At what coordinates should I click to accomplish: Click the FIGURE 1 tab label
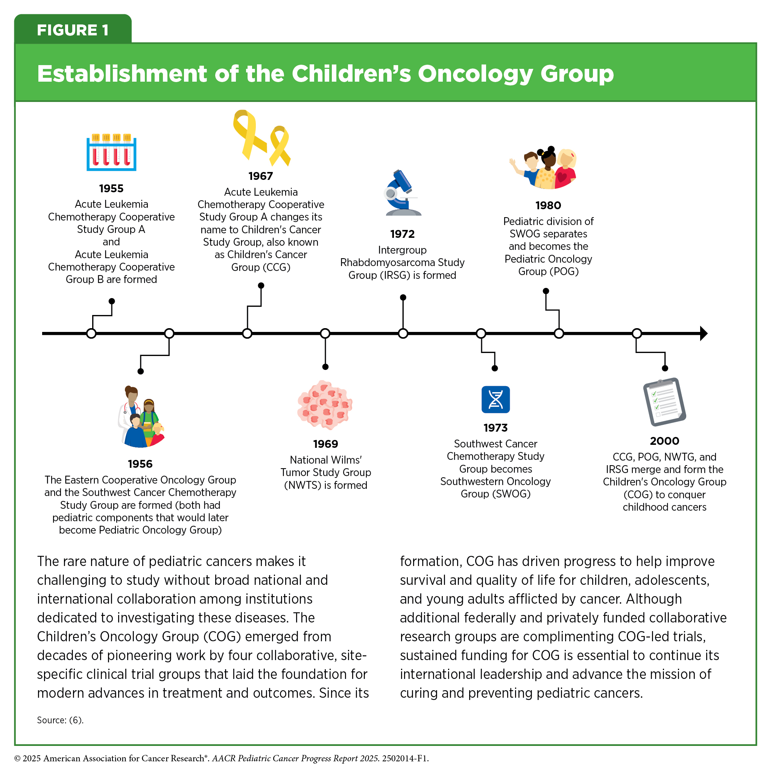point(73,30)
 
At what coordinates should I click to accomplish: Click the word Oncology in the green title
point(475,74)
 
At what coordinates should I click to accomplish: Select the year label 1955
point(111,189)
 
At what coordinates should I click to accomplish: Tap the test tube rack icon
point(111,153)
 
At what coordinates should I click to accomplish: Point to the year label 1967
point(261,176)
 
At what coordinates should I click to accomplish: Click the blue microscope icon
point(402,193)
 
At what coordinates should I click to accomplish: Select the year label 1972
point(402,234)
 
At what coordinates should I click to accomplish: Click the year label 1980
point(548,205)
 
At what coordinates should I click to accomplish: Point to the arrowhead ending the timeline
point(703,333)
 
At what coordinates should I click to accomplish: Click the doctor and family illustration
point(141,417)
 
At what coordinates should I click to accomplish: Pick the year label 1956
point(140,464)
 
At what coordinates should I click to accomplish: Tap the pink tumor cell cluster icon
point(324,405)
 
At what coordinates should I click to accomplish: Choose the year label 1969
point(325,444)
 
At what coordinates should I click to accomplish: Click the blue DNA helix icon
point(495,400)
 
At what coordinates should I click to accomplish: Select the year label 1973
point(495,428)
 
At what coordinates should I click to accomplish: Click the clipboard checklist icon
point(664,402)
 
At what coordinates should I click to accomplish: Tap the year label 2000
point(664,441)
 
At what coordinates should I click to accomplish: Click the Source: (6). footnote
point(60,720)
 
